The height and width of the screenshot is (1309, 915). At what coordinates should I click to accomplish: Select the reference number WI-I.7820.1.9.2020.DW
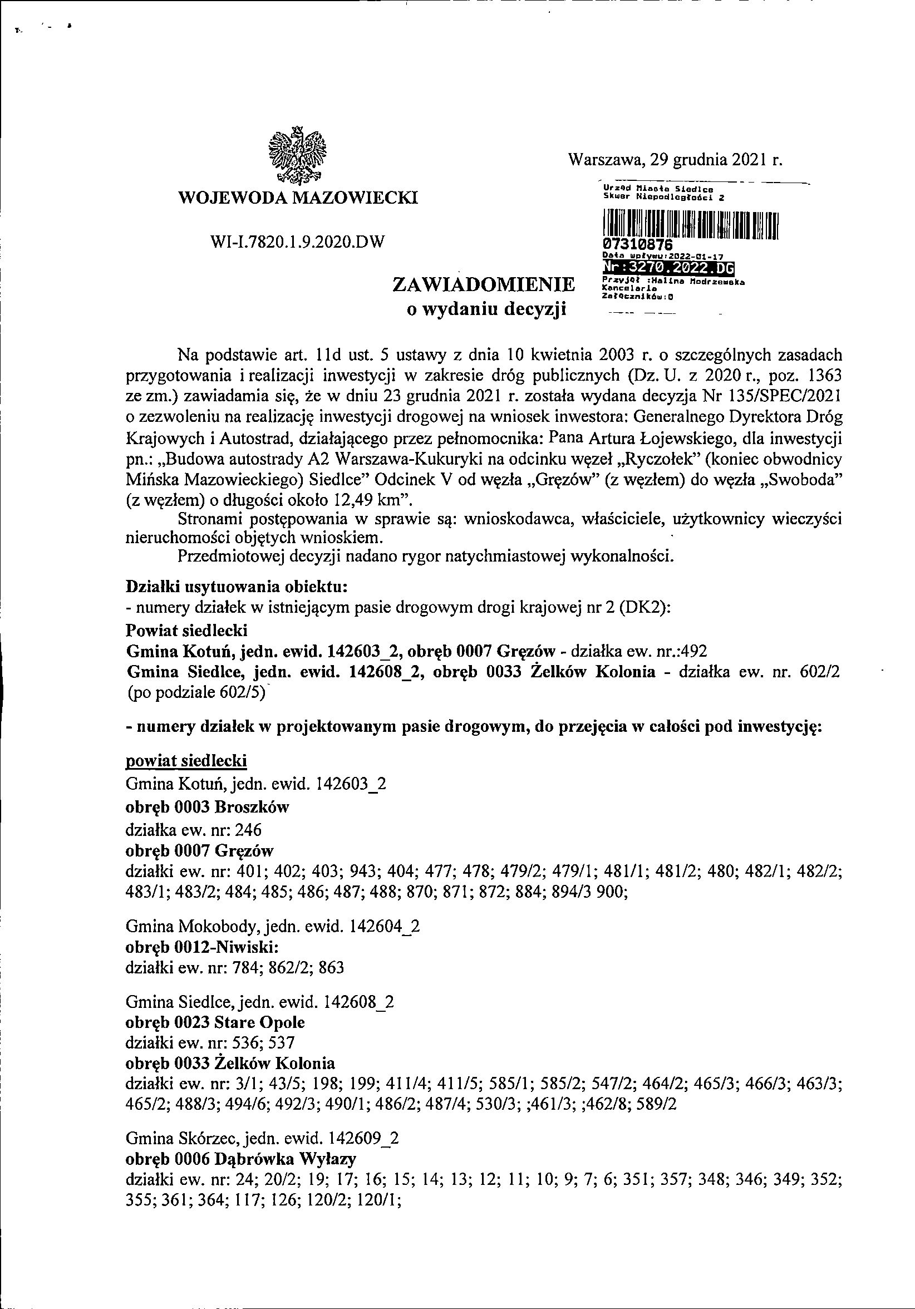click(298, 242)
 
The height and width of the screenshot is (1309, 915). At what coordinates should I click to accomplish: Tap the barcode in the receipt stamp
click(690, 224)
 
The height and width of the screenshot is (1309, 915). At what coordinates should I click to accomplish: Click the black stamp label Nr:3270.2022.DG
click(667, 267)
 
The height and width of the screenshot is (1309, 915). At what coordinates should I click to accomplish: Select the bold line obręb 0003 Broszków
click(207, 808)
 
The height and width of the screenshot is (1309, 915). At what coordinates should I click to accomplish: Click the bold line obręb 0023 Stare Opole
click(215, 1022)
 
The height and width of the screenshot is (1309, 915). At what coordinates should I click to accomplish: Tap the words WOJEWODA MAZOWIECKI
click(298, 198)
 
